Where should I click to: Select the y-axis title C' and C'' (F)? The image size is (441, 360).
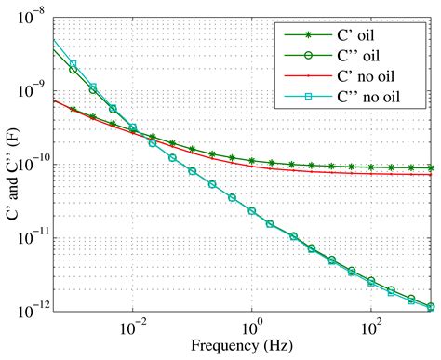pos(13,166)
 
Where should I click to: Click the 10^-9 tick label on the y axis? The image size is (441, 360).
pos(32,90)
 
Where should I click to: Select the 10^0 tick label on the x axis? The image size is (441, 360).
pos(252,327)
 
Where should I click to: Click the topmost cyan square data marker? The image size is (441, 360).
pos(73,64)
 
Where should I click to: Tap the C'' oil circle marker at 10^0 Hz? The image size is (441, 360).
pos(252,211)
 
